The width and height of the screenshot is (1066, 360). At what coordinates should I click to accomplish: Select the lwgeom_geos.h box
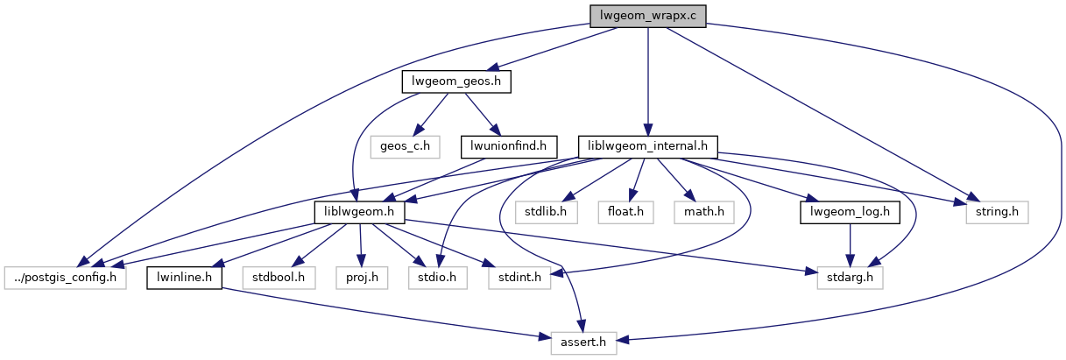coord(455,81)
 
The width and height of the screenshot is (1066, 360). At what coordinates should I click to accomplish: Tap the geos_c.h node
coord(404,145)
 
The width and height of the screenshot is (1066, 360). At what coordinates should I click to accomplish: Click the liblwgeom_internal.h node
coord(648,145)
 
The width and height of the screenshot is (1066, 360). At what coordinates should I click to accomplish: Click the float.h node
coord(625,212)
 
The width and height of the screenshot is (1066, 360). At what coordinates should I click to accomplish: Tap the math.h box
coord(699,212)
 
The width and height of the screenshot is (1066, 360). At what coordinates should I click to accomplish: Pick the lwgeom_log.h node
coord(851,212)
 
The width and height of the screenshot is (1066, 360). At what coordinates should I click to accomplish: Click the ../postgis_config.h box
coord(66,278)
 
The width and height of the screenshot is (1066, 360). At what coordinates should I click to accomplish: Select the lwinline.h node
coord(184,278)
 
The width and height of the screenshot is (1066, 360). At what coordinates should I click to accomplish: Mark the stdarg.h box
coord(850,278)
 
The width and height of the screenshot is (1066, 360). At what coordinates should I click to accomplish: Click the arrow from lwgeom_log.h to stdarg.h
coord(850,245)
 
